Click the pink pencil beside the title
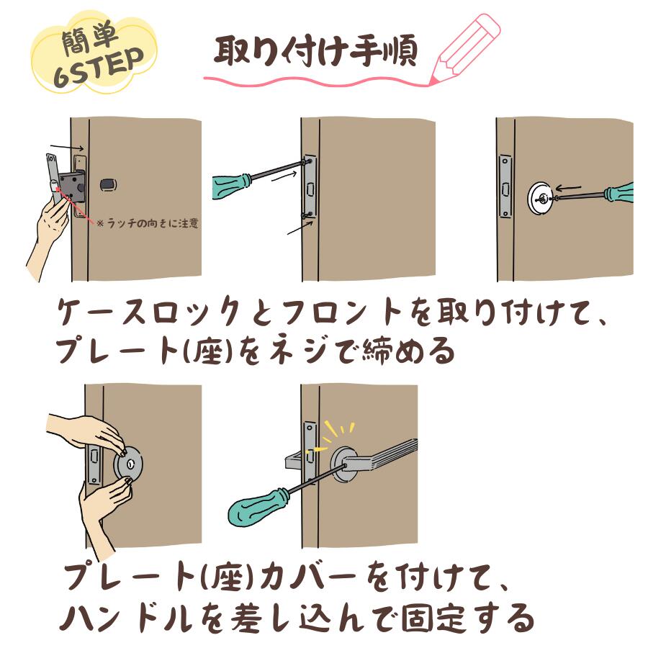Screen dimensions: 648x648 465,49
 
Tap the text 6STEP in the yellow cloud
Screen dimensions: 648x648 99,67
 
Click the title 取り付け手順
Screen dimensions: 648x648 316,51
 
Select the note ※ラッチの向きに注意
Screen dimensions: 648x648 148,224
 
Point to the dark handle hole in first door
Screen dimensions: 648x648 109,185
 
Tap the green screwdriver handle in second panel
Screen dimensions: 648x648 232,186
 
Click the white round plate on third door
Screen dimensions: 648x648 541,199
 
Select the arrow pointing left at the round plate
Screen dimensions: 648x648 568,189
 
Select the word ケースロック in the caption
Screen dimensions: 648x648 149,312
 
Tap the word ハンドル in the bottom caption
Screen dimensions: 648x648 127,620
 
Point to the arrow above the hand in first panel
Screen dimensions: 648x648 67,148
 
